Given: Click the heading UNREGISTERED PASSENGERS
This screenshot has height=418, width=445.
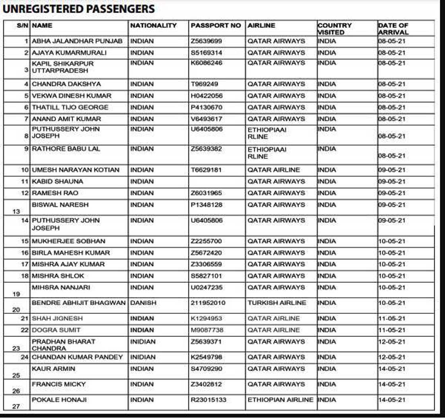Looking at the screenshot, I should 79,9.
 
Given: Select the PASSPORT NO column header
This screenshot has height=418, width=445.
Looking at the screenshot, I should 216,25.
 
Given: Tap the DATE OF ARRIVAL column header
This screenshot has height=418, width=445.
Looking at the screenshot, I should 393,29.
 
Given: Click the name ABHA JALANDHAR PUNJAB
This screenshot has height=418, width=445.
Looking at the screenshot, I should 77,41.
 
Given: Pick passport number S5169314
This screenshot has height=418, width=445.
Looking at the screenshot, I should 207,52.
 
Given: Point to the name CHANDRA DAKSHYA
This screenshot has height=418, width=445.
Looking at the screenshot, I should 66,84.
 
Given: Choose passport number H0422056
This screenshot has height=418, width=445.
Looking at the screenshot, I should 207,96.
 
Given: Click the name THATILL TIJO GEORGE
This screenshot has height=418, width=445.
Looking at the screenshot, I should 70,107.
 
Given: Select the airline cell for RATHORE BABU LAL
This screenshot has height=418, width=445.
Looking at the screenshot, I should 267,153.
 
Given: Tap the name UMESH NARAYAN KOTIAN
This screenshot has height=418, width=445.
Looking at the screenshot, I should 75,170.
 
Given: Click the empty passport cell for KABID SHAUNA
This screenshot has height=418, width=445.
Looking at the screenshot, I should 217,181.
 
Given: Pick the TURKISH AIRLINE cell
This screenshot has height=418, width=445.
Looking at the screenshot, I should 277,303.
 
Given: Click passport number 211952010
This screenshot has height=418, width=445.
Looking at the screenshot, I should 208,303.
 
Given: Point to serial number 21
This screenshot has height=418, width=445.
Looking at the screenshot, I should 25,319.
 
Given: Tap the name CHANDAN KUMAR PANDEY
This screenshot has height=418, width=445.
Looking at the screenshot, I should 77,357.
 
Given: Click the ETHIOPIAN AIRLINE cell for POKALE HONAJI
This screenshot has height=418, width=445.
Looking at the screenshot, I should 281,400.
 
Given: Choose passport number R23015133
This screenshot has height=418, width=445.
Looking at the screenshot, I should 209,400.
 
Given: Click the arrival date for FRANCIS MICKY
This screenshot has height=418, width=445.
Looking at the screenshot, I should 392,384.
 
